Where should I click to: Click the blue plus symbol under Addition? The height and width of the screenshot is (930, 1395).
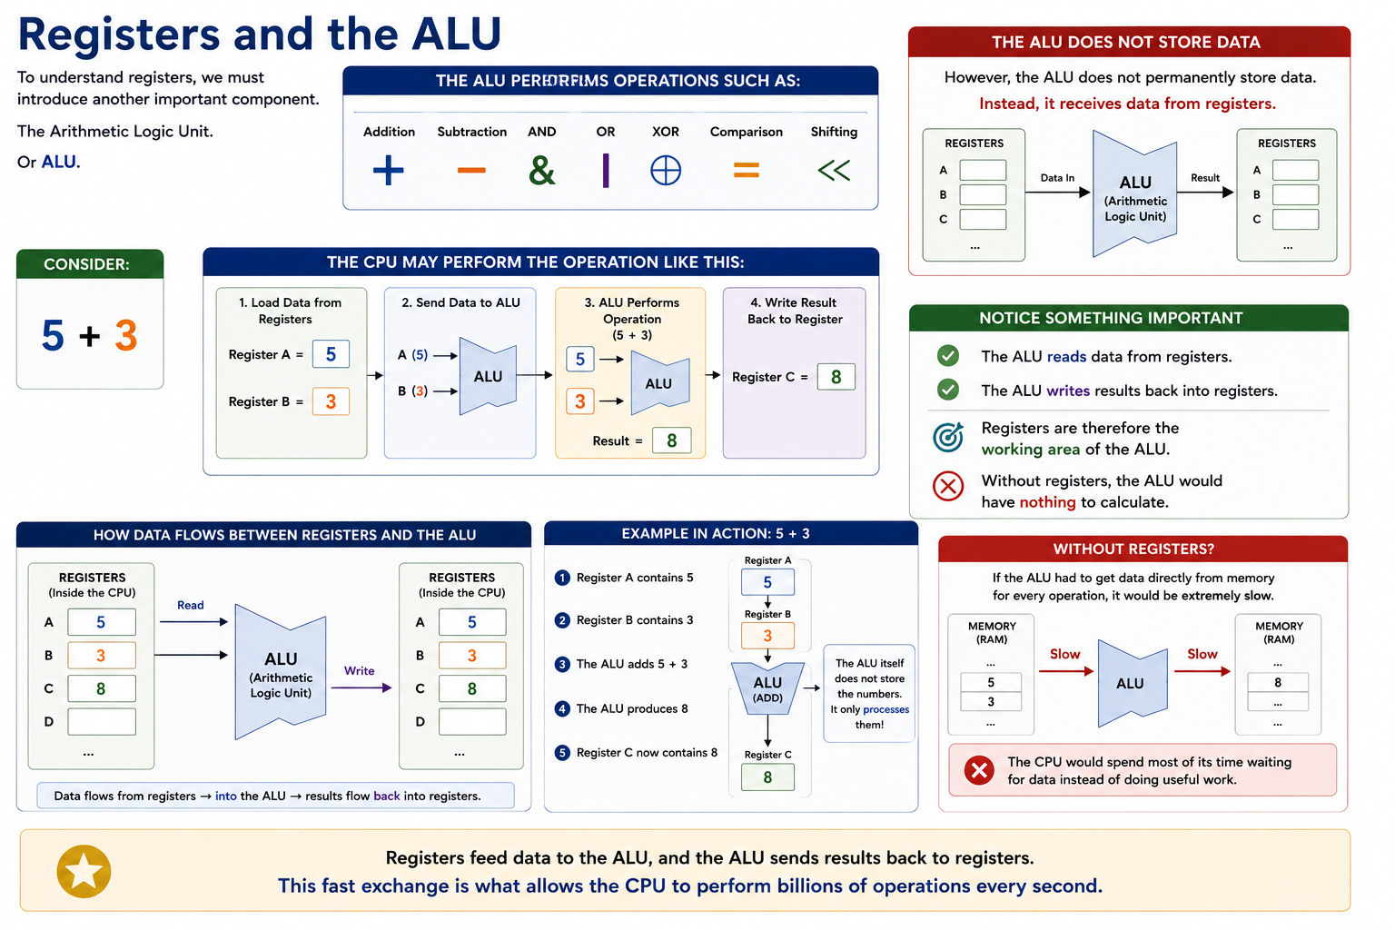coord(388,170)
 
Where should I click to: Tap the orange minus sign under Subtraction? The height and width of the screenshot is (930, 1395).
coord(471,170)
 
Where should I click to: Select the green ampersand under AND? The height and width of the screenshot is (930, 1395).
coord(541,170)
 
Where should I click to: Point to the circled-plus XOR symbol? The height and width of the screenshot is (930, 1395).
coord(665,170)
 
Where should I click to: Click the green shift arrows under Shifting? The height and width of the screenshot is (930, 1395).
coord(834,170)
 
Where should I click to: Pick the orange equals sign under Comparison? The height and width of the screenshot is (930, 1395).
coord(746,170)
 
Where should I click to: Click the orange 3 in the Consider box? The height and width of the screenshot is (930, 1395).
coord(126,335)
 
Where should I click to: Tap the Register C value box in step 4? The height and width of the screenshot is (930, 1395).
coord(836,377)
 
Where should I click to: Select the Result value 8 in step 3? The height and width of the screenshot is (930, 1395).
coord(671,440)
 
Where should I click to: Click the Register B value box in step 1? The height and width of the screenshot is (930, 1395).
coord(331,401)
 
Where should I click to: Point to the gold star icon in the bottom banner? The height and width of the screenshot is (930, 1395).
coord(84,871)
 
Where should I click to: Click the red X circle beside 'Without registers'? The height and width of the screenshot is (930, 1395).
coord(948,486)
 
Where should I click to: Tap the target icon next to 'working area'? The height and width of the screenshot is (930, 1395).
coord(948,437)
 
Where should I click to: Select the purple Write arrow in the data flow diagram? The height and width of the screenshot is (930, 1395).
coord(361,688)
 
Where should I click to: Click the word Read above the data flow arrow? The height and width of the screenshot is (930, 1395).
coord(190,605)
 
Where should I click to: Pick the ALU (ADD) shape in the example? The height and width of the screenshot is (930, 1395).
coord(767,688)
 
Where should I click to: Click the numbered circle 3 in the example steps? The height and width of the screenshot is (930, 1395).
coord(562,664)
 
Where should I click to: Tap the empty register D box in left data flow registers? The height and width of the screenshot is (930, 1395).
coord(102,721)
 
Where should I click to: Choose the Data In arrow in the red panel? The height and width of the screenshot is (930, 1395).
coord(1057,193)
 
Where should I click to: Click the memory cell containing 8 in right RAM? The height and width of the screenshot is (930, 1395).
coord(1277,682)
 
